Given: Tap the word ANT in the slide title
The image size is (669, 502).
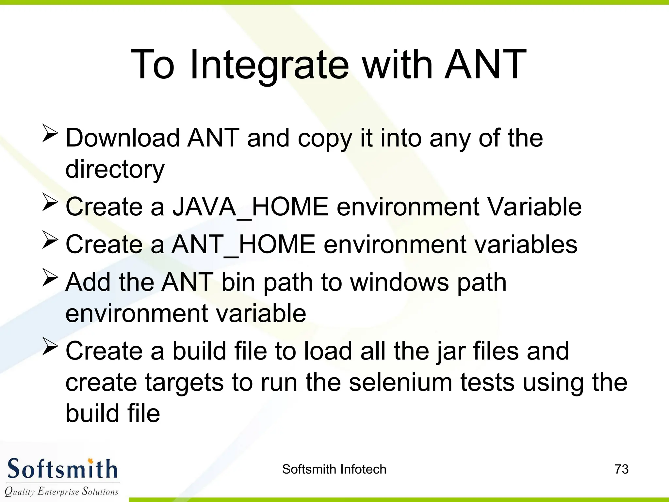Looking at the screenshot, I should (x=485, y=65).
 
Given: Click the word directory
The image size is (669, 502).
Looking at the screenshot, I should (x=115, y=169).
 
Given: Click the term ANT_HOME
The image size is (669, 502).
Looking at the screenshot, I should (x=244, y=244).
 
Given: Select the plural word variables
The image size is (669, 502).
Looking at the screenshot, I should (x=526, y=244).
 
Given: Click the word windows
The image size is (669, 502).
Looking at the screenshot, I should (x=400, y=282).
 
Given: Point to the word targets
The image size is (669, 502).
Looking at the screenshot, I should (x=185, y=382).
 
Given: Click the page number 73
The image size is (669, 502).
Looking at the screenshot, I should (x=621, y=469).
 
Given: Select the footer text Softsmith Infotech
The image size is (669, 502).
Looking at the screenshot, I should (x=334, y=469).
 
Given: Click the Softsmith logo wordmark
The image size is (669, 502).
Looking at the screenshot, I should (x=62, y=469).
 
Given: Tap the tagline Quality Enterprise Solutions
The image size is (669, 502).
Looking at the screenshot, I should (x=61, y=491).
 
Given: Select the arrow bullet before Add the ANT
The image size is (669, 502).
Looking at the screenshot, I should (x=50, y=278).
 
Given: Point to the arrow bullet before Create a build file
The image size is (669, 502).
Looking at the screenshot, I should (x=50, y=347).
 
